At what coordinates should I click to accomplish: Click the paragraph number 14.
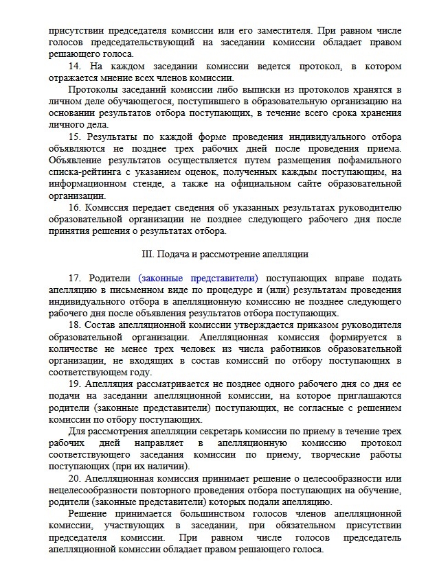[x=75, y=67]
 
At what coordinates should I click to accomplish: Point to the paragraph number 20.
[x=75, y=478]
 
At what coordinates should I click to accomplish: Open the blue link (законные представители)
[x=198, y=279]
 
